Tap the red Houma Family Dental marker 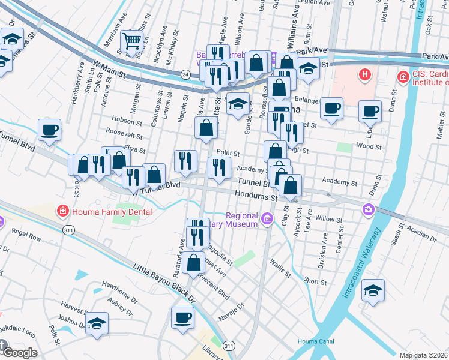[62, 211]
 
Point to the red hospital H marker [363, 75]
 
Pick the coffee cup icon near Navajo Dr [182, 318]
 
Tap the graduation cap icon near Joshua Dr [97, 324]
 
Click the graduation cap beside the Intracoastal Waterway [373, 291]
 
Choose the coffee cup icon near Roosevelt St [49, 130]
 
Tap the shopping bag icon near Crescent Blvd [195, 263]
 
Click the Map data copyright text [424, 355]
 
